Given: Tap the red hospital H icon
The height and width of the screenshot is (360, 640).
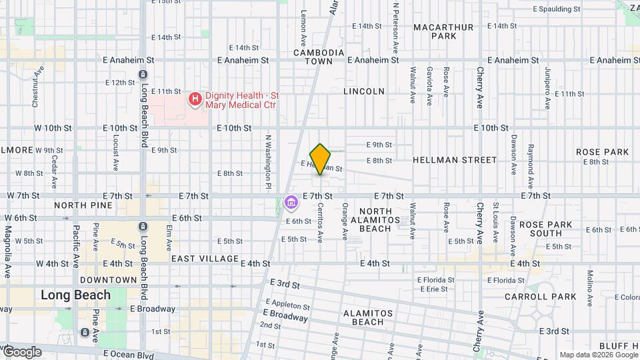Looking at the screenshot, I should tap(195, 100).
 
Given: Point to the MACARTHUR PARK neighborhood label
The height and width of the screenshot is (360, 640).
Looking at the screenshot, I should tap(443, 31).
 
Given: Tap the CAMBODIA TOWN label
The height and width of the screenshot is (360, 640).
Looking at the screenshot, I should tap(319, 57).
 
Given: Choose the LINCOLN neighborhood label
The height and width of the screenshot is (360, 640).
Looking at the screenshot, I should tap(364, 91).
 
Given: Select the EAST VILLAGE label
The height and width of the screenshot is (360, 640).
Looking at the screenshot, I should tap(205, 259).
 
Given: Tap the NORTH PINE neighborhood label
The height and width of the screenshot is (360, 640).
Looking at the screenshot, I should tap(77, 205).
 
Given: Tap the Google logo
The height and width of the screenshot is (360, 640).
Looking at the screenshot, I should tap(22, 352).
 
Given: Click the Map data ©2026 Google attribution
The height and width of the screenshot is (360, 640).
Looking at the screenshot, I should tap(598, 355).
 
